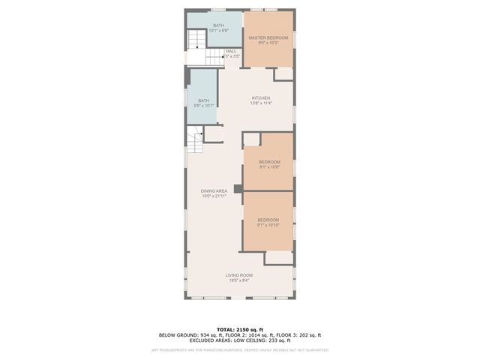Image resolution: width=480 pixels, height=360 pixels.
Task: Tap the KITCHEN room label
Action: tap(260, 98)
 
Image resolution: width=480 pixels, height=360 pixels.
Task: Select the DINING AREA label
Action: tap(214, 191)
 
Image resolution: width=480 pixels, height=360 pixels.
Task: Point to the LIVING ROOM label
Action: tap(239, 275)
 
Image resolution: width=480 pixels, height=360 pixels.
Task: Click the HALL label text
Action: tap(231, 51)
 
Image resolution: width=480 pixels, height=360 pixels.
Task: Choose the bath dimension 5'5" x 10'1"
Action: tap(204, 106)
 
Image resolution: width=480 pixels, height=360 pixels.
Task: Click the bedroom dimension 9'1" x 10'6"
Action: tap(269, 167)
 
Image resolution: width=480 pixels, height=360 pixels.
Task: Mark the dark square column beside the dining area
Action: tap(238, 190)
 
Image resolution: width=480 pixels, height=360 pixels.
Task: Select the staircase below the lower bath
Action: tap(195, 139)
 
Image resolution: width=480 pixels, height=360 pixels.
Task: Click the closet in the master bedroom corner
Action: tap(283, 74)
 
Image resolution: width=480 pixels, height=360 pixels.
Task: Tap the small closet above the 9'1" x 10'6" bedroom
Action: tap(251, 139)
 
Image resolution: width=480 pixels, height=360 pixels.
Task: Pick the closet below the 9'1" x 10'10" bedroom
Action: tap(278, 257)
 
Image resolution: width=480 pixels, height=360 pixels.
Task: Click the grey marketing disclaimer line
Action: tap(240, 349)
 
